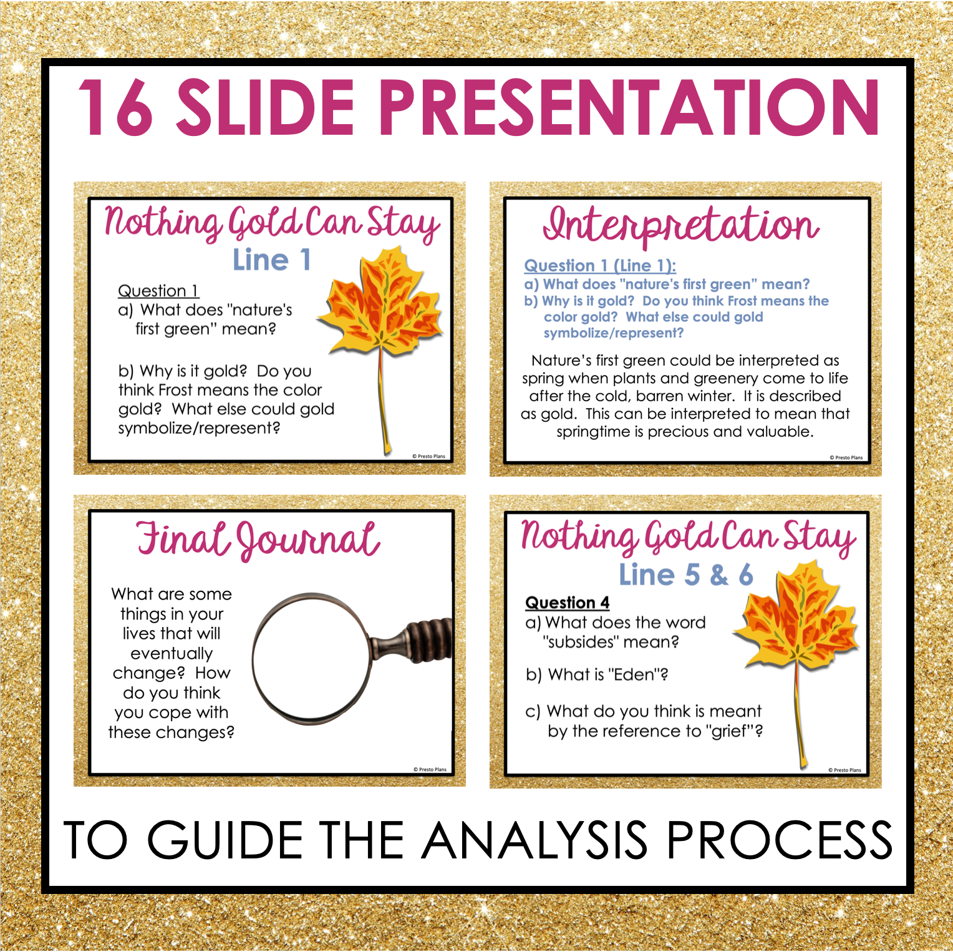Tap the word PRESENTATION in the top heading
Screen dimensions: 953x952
coord(630,107)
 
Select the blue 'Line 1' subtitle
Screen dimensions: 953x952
coord(272,260)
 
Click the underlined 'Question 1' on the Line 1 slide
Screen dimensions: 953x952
coord(158,291)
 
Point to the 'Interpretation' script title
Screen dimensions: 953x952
coord(681,225)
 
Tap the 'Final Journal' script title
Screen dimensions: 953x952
coord(258,540)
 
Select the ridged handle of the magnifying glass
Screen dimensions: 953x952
coord(430,639)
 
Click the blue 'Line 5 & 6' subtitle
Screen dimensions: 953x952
coord(686,575)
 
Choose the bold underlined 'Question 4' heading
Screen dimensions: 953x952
coord(568,603)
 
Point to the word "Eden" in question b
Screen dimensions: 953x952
coord(634,674)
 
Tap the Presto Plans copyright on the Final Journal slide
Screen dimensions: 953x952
coord(430,769)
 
